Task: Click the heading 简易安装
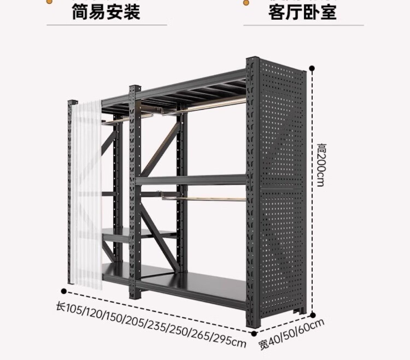coord(106,12)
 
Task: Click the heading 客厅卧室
coord(302,12)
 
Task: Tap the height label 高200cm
coord(321,164)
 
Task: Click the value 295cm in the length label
coord(230,340)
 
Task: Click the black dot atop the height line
coord(312,68)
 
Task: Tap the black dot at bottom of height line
coord(312,315)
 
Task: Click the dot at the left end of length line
coord(63,291)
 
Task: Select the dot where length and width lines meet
coord(254,334)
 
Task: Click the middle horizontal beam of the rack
coord(191,180)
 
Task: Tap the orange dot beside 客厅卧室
coord(246,3)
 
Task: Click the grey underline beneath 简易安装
coord(107,25)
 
